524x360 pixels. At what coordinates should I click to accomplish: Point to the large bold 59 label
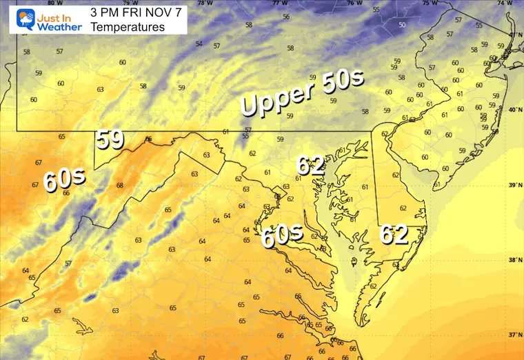tap(110, 139)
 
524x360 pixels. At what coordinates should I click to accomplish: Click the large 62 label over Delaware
tap(394, 234)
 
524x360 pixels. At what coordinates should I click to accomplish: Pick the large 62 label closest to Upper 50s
tap(310, 166)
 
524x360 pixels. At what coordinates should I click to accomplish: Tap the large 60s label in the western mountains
tap(64, 181)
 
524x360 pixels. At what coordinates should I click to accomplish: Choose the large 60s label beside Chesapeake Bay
tap(282, 236)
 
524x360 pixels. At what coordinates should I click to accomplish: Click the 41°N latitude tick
tap(514, 34)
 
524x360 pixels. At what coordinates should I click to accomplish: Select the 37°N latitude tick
tap(514, 334)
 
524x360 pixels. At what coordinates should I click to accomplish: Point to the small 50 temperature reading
tap(402, 26)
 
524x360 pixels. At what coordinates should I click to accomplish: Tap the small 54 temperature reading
tap(199, 44)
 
